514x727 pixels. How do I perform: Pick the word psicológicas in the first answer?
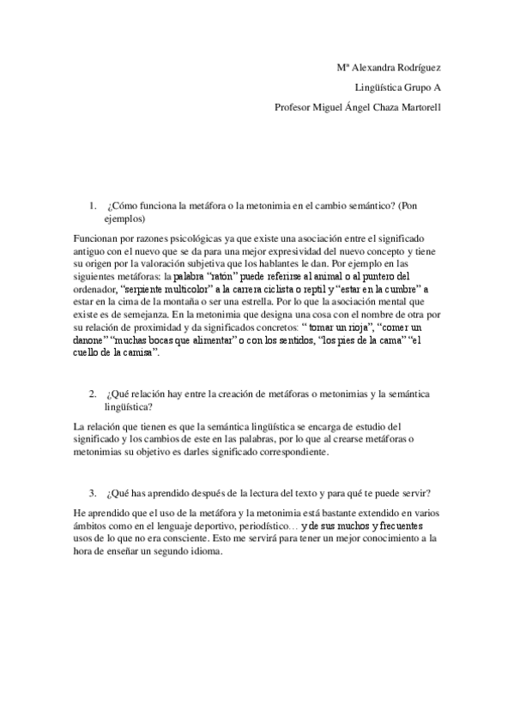[x=179, y=237]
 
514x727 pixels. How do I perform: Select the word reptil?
[x=306, y=289]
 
